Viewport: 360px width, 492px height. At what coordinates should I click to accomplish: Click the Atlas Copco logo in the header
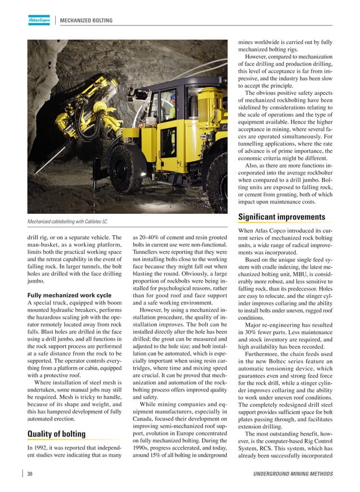(x=39, y=20)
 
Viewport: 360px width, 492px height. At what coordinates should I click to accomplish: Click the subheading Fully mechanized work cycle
(x=69, y=295)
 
